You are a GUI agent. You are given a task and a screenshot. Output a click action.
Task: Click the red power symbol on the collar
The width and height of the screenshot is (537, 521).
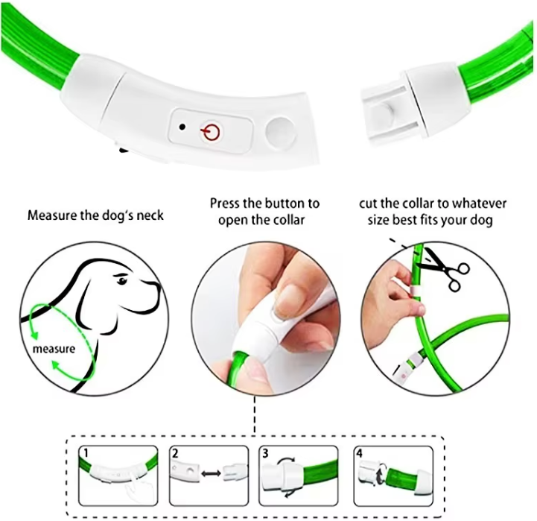pos(210,131)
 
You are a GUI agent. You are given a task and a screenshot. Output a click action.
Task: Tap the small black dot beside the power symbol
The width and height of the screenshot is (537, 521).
pos(182,127)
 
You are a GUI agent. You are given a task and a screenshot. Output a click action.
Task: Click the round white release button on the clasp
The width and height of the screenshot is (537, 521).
pos(281,133)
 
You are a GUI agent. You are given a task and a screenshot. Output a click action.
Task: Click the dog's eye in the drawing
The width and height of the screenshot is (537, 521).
pos(121,281)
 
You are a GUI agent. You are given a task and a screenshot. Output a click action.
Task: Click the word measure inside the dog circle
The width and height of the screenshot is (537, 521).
pos(54,349)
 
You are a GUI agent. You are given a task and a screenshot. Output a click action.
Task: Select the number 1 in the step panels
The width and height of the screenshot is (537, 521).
pos(86,453)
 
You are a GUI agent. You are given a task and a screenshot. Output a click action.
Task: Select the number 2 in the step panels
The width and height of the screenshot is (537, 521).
pos(175,453)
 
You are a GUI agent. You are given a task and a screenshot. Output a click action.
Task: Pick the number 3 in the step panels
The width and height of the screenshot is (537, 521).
pos(265,453)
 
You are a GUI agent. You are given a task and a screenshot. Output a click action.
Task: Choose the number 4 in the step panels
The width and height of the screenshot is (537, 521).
pos(359,453)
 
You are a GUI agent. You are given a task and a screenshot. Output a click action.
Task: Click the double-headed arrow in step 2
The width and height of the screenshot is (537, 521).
pos(211,473)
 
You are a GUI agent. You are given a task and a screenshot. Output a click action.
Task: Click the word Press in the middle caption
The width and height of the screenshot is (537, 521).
pos(225,203)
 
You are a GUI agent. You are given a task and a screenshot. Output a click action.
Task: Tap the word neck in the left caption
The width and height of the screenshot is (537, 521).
pos(150,215)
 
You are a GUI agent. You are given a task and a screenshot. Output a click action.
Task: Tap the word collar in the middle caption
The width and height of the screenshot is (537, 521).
pos(289,220)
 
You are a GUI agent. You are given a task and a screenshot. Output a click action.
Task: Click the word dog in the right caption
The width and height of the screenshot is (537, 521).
pos(482,220)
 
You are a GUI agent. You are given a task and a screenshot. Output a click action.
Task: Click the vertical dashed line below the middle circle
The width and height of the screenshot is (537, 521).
pos(255,415)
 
